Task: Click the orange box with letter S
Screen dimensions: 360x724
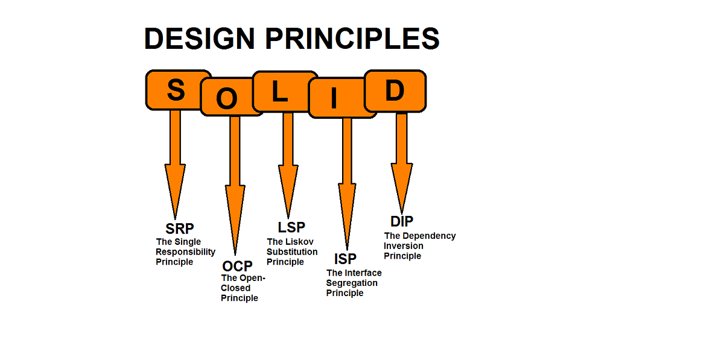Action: click(176, 90)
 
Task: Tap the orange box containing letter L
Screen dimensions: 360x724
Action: click(280, 92)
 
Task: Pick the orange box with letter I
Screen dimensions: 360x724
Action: click(334, 98)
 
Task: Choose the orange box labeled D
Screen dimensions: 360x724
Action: click(395, 91)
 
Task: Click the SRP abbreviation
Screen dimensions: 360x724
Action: click(180, 229)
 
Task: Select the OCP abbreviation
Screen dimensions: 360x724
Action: click(237, 266)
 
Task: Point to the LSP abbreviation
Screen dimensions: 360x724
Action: click(291, 227)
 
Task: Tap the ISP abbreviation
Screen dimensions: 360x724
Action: click(346, 259)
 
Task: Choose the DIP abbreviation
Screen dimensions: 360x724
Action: click(402, 221)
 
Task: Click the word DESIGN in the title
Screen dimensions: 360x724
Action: click(200, 39)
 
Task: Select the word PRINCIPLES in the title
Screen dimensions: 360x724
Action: click(352, 39)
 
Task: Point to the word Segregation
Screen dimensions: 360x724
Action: click(352, 283)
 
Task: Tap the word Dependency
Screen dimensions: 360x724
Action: click(429, 236)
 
